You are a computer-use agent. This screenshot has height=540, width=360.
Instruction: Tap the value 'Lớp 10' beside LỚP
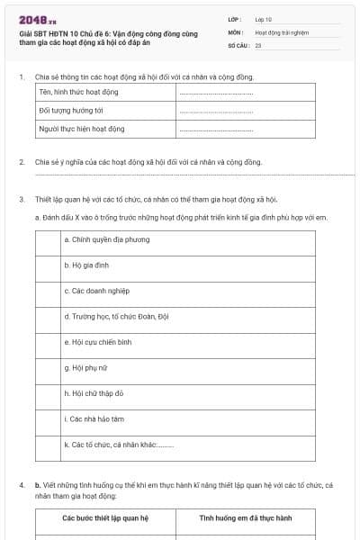[264, 18]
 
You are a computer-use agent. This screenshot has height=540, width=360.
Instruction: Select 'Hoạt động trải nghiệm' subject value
[281, 31]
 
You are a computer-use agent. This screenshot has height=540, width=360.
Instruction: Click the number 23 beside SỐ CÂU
[258, 44]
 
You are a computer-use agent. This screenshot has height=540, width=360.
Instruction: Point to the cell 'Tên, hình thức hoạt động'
[79, 92]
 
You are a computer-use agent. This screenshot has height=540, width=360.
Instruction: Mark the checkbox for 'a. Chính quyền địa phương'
[48, 240]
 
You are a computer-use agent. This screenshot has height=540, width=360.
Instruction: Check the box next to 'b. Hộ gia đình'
[48, 265]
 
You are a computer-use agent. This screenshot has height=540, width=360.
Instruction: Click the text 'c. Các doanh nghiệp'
[97, 292]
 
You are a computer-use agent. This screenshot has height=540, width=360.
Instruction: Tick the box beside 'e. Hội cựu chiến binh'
[48, 342]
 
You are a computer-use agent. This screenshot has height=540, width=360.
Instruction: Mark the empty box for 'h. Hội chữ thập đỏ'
[48, 393]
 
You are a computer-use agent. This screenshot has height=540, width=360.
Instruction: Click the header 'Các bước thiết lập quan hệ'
[105, 518]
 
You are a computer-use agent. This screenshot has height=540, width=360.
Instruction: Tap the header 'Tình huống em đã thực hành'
[246, 518]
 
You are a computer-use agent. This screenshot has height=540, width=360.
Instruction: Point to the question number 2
[21, 162]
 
